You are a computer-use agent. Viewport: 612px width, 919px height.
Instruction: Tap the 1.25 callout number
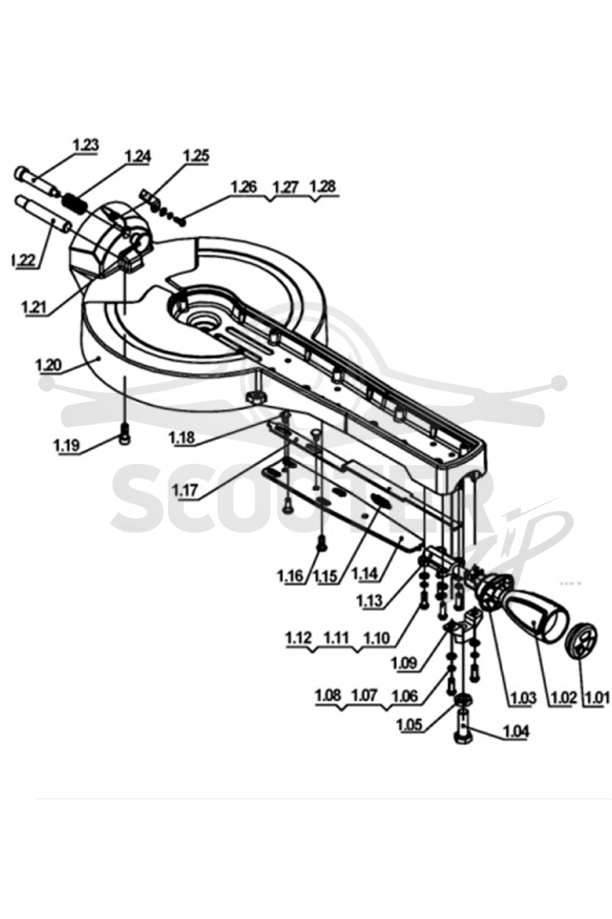click(197, 156)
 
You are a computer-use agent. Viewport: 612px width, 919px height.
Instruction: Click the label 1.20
click(48, 365)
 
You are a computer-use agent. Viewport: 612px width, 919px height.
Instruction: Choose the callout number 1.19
click(67, 446)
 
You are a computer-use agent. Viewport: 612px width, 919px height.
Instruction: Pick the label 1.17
click(185, 490)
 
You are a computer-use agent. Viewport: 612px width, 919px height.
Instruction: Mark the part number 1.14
click(364, 574)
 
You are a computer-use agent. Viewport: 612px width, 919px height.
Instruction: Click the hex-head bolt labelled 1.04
click(463, 725)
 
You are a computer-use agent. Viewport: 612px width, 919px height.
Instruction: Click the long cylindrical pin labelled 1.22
click(43, 215)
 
